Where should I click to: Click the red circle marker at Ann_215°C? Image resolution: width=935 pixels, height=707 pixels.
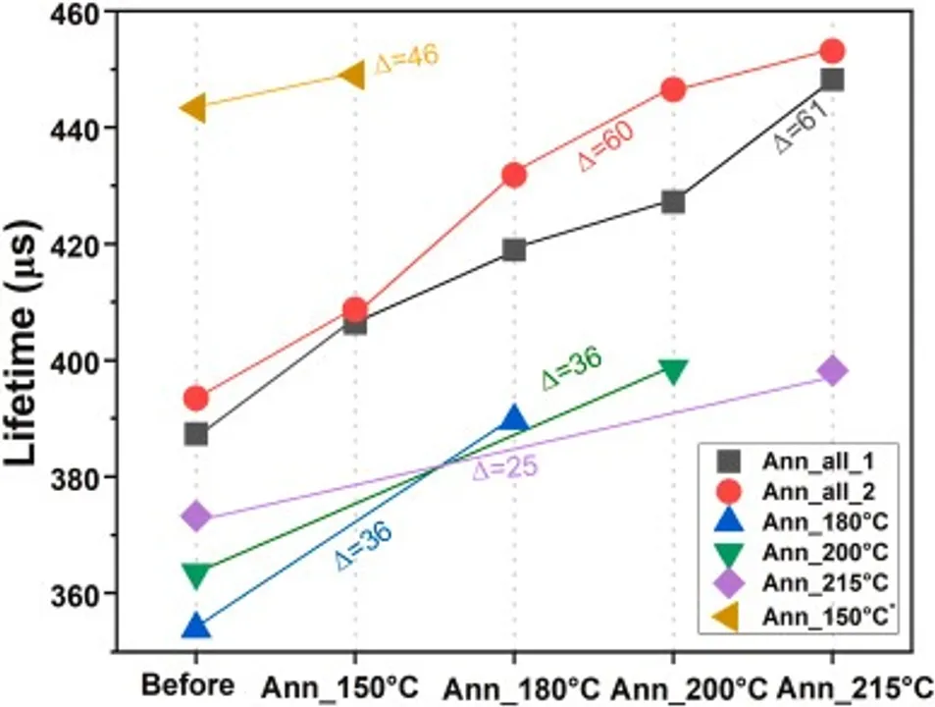point(832,51)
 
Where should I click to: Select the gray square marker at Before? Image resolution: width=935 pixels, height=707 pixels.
point(196,434)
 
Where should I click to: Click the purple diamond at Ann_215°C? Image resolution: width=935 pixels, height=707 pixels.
point(832,371)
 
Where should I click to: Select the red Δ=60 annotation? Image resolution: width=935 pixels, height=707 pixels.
point(605,147)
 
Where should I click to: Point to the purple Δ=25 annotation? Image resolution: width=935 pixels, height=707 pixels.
point(504,468)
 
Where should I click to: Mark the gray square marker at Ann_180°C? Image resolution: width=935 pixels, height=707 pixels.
point(513,249)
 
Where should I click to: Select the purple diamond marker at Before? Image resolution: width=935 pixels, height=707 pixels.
point(196,516)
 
